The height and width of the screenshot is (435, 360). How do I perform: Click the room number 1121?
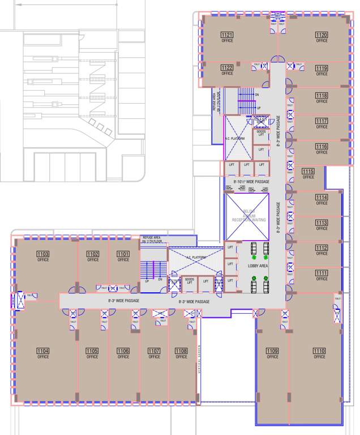point(227,35)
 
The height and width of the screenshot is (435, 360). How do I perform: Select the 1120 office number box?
point(322,35)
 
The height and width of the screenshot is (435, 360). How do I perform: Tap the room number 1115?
point(308,172)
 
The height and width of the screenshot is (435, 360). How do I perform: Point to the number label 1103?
point(43,254)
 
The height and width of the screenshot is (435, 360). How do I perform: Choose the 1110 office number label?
point(319,351)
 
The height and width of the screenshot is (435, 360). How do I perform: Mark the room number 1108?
point(181,351)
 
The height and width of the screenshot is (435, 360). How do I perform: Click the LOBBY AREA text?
point(258,266)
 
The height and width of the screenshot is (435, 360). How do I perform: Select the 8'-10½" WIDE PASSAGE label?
point(251,182)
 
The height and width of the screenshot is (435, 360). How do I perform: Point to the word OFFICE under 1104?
point(43,357)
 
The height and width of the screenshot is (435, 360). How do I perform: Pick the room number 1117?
point(322,121)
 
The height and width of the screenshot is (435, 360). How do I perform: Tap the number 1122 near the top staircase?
point(227,67)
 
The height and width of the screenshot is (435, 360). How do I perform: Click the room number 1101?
point(123,254)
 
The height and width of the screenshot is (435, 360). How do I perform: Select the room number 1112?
point(322,248)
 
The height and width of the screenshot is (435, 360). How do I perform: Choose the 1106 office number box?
point(123,351)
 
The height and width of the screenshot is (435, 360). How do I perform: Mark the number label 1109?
point(272,351)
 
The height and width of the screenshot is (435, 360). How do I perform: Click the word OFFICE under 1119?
point(322,74)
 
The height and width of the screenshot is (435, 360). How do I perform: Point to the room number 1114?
point(322,197)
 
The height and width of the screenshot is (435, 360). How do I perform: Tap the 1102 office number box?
point(93,254)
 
